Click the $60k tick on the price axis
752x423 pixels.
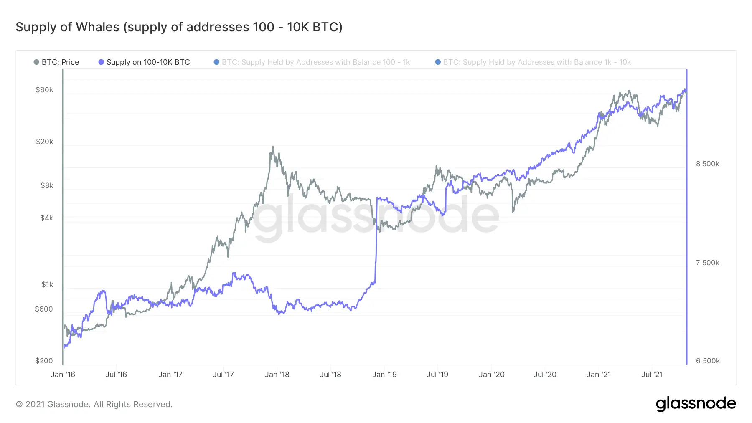coord(44,90)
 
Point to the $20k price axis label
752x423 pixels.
coord(44,142)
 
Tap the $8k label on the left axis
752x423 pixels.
coord(47,185)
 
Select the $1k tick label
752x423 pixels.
coord(47,284)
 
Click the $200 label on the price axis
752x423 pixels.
coord(44,361)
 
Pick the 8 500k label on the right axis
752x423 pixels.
coord(707,164)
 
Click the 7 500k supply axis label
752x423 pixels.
coord(707,263)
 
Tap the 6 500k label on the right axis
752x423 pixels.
coord(707,361)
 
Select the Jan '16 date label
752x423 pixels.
coord(63,375)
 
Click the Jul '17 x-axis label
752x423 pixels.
coord(223,375)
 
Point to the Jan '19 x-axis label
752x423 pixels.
coord(384,375)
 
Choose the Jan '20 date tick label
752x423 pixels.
coord(491,375)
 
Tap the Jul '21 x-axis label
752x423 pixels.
coord(652,375)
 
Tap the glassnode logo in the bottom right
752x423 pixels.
coord(696,404)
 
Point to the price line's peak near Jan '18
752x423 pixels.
coord(273,147)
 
